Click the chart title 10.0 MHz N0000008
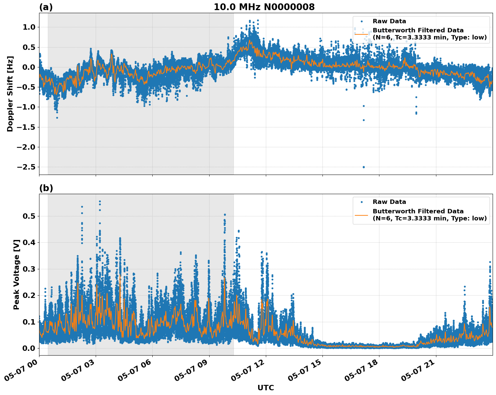coord(264,7)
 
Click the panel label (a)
coord(46,7)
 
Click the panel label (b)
coord(46,188)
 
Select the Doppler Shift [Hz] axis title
coord(10,94)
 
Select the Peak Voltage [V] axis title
coord(17,274)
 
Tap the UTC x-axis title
coord(266,388)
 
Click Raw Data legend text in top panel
coord(389,21)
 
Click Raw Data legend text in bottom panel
coord(389,202)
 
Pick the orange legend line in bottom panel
coord(361,215)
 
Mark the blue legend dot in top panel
coord(362,21)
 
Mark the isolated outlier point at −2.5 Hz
coord(364,167)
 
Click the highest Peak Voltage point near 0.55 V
coord(100,202)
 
